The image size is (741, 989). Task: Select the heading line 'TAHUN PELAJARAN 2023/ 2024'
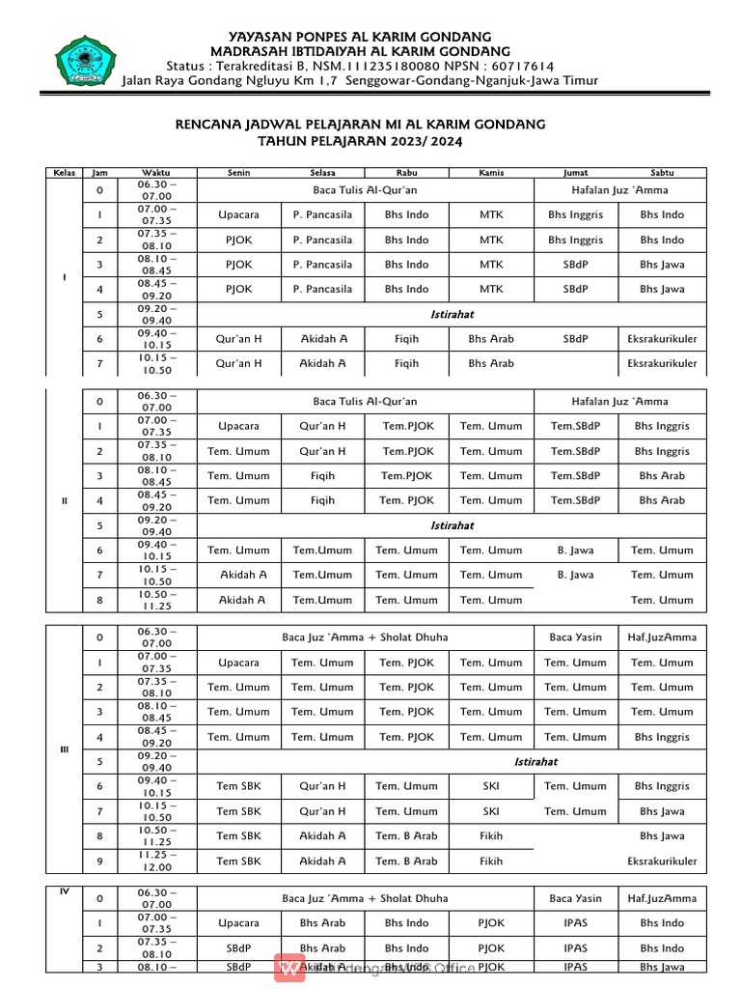click(x=360, y=141)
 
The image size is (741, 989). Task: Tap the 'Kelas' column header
click(x=64, y=173)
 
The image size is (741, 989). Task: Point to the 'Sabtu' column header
click(x=661, y=173)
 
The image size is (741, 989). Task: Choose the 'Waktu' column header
click(x=155, y=173)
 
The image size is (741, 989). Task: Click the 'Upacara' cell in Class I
click(x=238, y=214)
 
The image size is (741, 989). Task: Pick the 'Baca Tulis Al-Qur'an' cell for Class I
click(x=365, y=190)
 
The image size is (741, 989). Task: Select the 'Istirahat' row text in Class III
click(x=535, y=762)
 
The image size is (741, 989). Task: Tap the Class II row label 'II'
click(x=65, y=500)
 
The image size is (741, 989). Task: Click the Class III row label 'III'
click(x=65, y=750)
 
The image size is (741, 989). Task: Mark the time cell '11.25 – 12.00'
click(x=155, y=861)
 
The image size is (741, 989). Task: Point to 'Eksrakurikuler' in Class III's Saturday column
click(x=661, y=862)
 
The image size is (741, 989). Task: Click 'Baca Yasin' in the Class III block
click(x=575, y=637)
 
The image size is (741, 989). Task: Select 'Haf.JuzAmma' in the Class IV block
click(x=661, y=898)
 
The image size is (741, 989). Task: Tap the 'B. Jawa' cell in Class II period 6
click(x=575, y=551)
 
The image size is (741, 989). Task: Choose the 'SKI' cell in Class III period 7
click(x=490, y=811)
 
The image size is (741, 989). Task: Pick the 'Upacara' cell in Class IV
click(x=238, y=923)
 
